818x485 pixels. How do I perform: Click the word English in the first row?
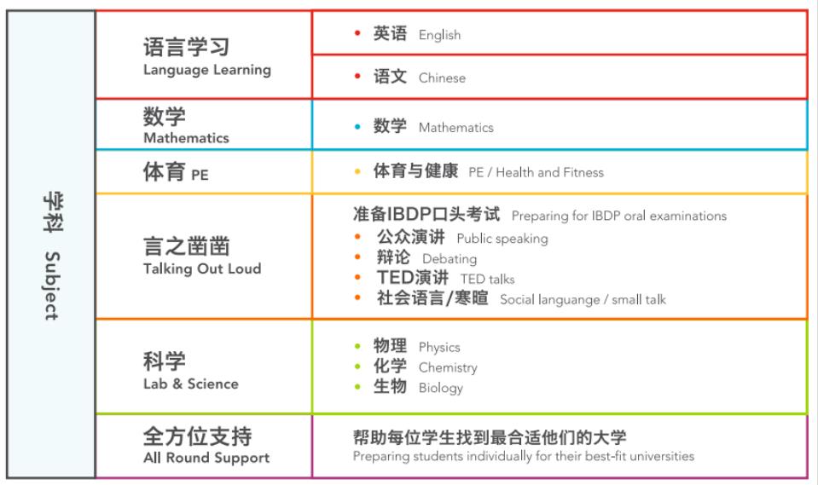[x=439, y=35]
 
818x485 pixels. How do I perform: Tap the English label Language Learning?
[x=206, y=70]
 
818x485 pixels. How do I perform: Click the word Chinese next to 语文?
[x=442, y=78]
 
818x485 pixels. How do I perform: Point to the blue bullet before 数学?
[x=357, y=128]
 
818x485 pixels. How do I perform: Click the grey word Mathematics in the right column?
[x=455, y=128]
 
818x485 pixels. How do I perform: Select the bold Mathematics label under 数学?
[x=186, y=137]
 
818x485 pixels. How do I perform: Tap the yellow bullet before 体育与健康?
[x=357, y=172]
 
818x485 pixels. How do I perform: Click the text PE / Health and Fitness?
[x=536, y=172]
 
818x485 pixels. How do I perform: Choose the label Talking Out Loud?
[x=202, y=268]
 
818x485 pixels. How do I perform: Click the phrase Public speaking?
[x=502, y=239]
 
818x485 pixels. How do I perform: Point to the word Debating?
[x=450, y=258]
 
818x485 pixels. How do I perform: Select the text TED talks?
[x=487, y=279]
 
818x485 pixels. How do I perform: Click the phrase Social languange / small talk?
[x=583, y=299]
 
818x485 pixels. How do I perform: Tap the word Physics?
[x=438, y=347]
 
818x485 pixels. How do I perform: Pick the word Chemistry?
[x=447, y=367]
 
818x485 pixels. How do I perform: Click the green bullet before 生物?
[x=357, y=388]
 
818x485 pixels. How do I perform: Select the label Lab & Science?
[x=190, y=384]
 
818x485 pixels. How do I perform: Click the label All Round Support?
[x=206, y=458]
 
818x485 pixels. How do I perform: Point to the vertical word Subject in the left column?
[x=51, y=285]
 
